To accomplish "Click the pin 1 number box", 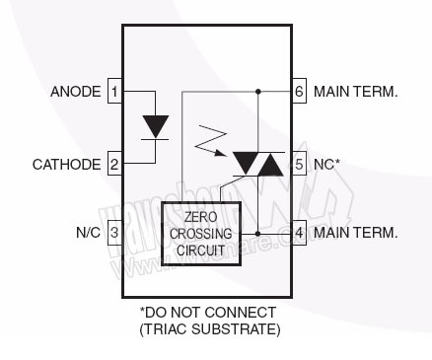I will [114, 92].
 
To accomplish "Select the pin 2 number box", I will [114, 164].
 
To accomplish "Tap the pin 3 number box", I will [114, 233].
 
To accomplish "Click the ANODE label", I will [75, 92].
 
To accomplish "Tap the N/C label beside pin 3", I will [89, 233].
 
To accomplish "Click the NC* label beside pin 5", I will [327, 164].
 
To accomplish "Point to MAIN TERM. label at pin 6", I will [356, 92].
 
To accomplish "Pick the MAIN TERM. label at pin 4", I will [356, 233].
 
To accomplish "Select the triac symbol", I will [257, 162].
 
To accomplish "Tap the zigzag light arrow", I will [210, 144].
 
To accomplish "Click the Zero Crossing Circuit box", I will [201, 234].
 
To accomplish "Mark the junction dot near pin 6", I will [257, 92].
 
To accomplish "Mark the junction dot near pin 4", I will [257, 233].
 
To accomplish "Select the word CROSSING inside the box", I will [201, 234].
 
